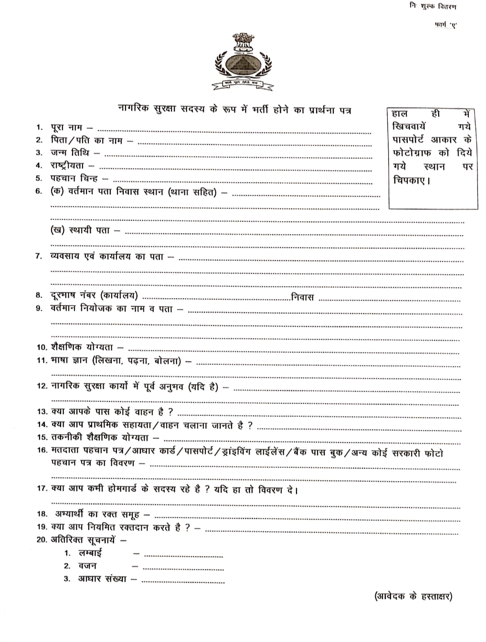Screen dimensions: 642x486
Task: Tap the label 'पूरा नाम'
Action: (66, 128)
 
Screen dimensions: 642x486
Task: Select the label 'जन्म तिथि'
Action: (70, 153)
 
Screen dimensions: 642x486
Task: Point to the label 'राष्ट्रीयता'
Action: (67, 165)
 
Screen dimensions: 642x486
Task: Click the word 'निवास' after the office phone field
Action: (302, 297)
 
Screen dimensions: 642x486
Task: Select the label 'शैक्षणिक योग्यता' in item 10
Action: (82, 347)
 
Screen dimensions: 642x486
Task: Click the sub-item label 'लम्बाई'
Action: (90, 553)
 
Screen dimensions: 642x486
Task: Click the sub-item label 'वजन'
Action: (87, 566)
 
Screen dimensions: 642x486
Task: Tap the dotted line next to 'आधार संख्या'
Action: (183, 582)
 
